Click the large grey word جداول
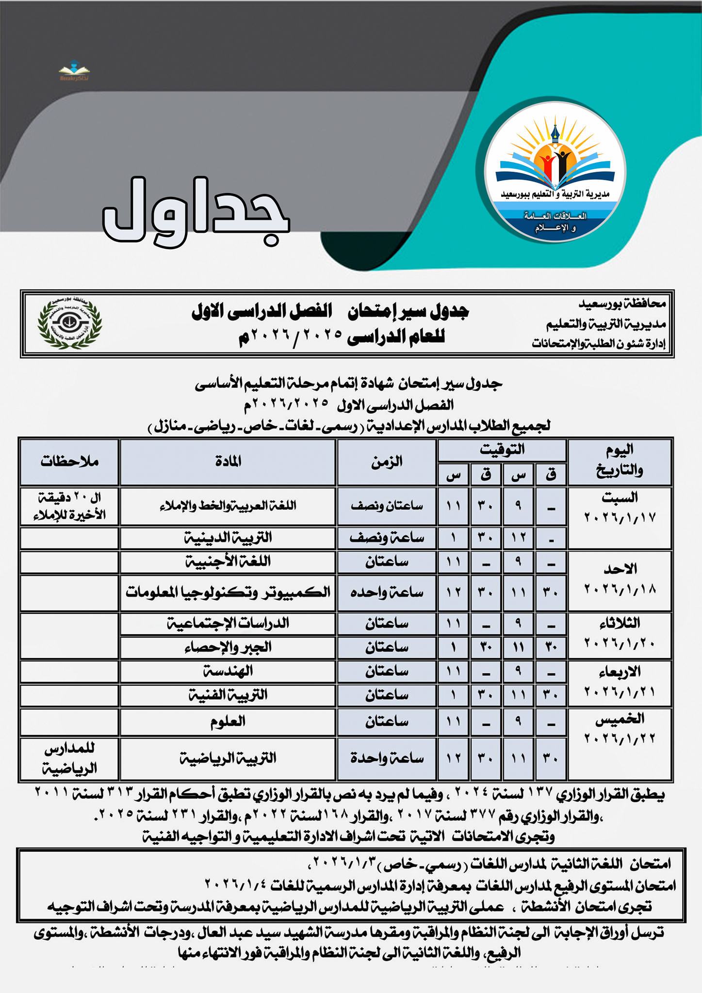pos(196,212)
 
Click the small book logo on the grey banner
pos(74,70)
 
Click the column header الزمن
pos(387,462)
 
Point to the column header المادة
pos(228,462)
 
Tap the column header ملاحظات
pos(69,462)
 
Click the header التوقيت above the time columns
pos(502,449)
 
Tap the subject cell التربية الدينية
pos(228,537)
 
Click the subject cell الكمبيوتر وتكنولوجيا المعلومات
pos(228,592)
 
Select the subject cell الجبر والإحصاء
pos(228,647)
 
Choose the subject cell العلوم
pos(228,721)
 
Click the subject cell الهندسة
pos(228,671)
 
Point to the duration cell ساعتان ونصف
pos(387,506)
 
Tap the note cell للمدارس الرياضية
pos(69,758)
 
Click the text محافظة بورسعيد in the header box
pos(622,304)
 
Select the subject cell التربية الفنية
pos(228,695)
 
